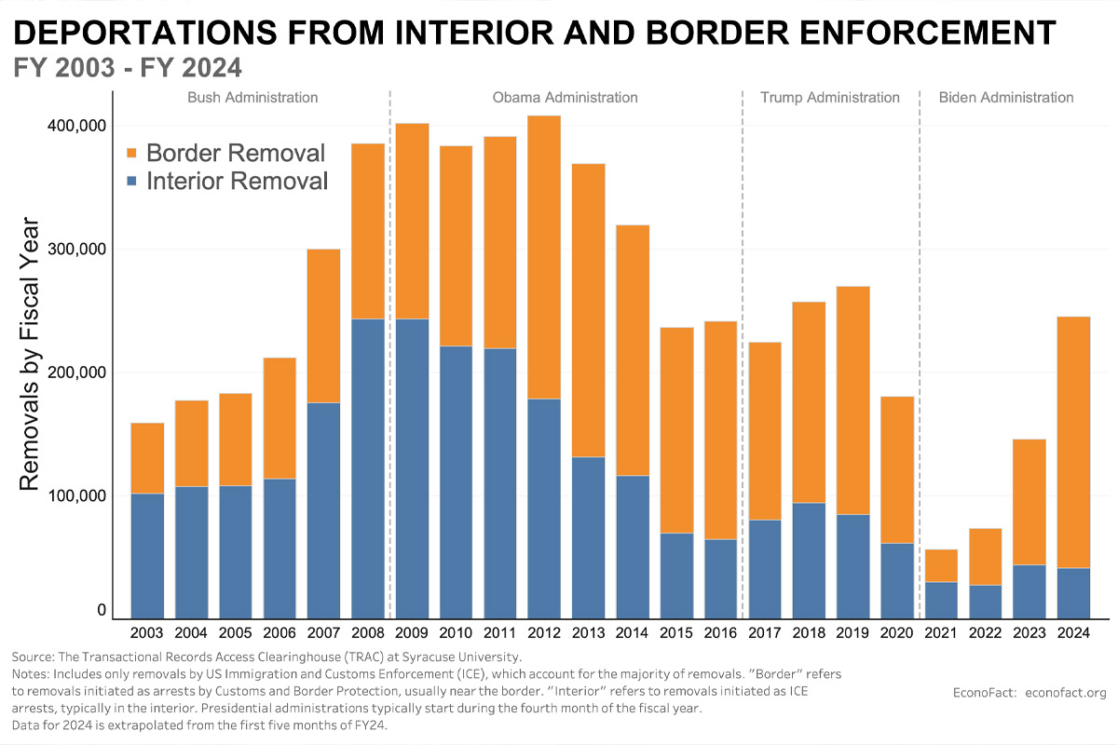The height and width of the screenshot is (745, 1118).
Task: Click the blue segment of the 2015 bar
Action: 676,576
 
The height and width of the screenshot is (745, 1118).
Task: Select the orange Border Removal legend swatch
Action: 131,153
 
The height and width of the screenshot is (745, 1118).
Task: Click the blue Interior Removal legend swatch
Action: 131,181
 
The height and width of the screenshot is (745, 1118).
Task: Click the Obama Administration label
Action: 565,98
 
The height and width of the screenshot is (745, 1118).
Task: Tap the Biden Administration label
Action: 1006,98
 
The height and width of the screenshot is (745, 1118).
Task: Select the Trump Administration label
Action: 830,98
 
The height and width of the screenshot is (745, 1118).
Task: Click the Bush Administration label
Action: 252,98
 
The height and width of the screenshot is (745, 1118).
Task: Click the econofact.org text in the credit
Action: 1065,692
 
